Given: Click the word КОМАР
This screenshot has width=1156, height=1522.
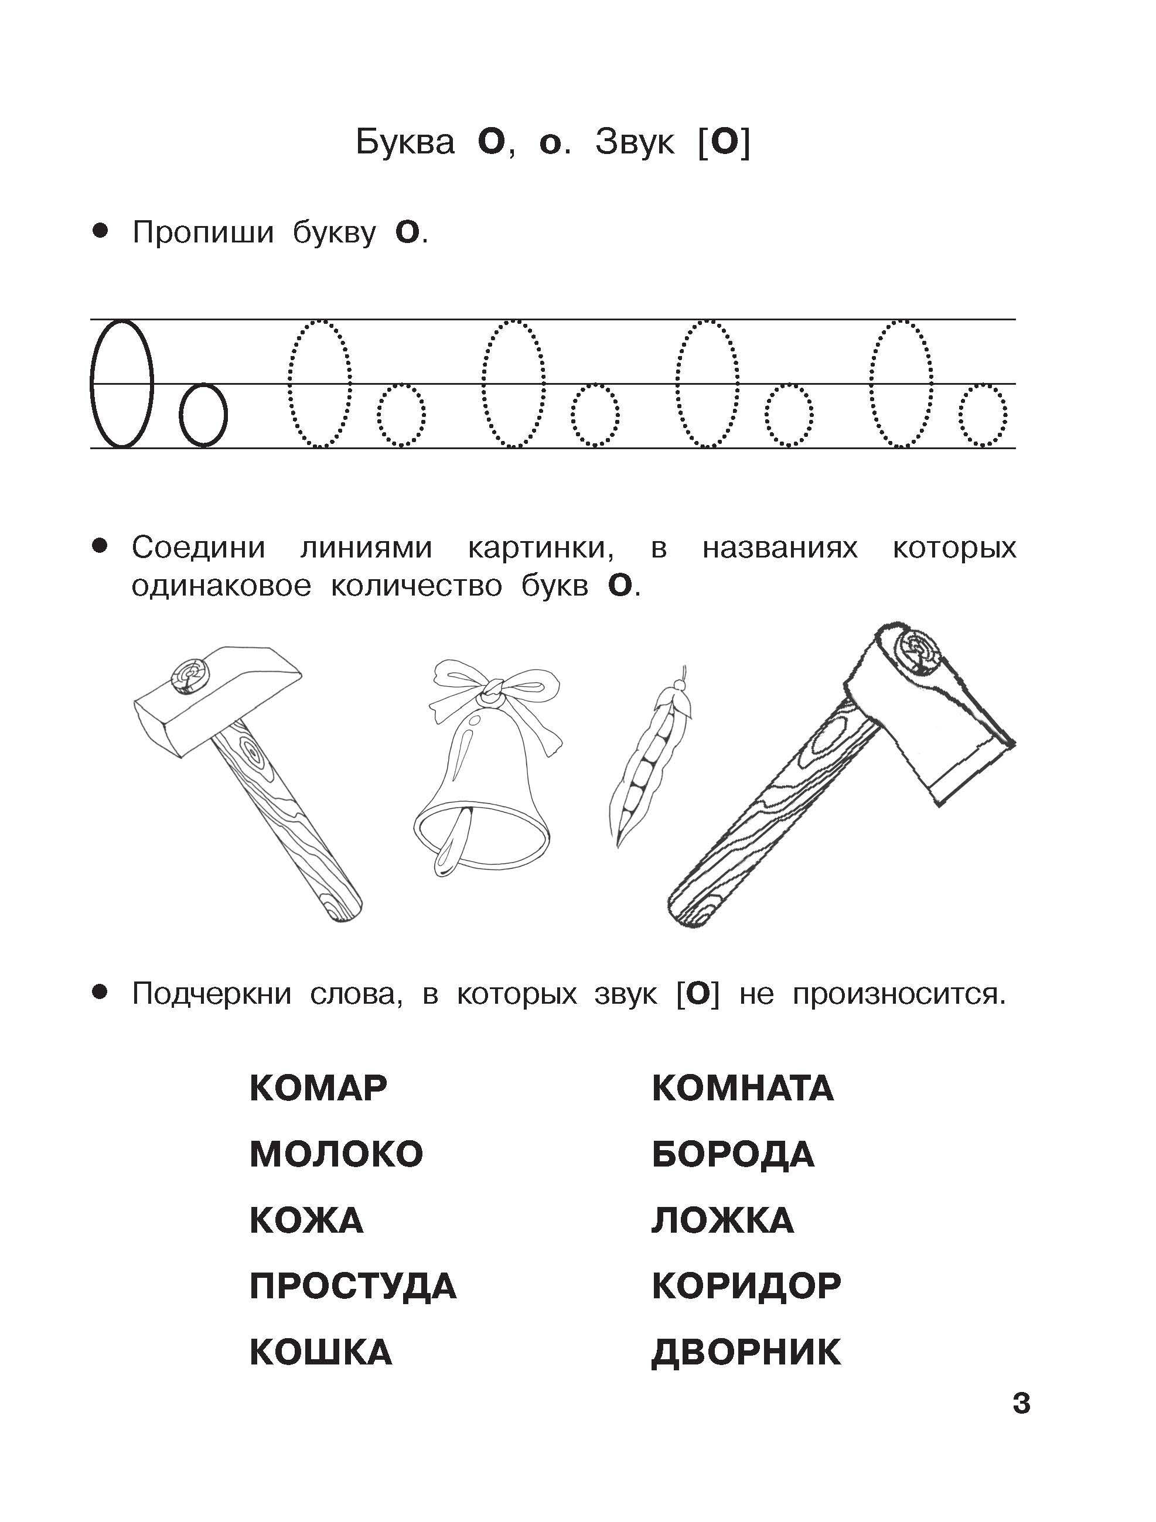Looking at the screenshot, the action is click(x=318, y=1089).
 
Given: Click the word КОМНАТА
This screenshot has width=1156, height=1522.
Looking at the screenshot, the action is click(x=743, y=1089).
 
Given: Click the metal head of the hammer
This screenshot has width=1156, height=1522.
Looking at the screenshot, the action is click(x=217, y=699).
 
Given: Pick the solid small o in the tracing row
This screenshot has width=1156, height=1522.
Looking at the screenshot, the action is click(x=203, y=415).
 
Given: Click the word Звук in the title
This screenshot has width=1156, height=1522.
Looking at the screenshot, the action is click(x=635, y=142).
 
